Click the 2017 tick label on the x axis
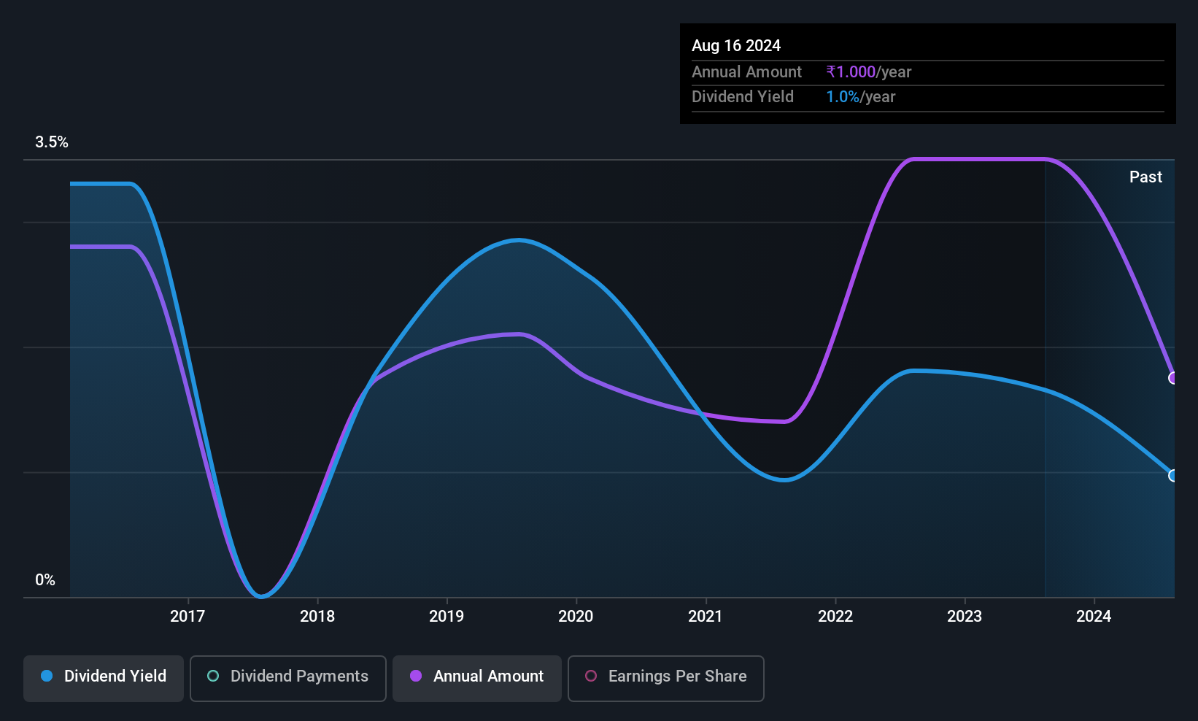[188, 616]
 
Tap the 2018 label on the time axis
[317, 616]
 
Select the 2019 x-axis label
[447, 616]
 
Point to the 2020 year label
[576, 616]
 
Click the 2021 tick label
[706, 616]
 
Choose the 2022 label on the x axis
[835, 616]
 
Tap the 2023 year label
[965, 616]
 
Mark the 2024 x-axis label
[1094, 616]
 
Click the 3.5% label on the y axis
[52, 142]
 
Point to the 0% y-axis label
[45, 580]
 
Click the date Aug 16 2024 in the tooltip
[736, 46]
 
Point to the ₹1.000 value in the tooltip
[851, 72]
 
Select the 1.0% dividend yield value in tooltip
[843, 97]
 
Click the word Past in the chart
[1145, 177]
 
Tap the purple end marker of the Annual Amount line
[1172, 378]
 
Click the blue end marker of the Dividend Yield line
[1172, 476]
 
